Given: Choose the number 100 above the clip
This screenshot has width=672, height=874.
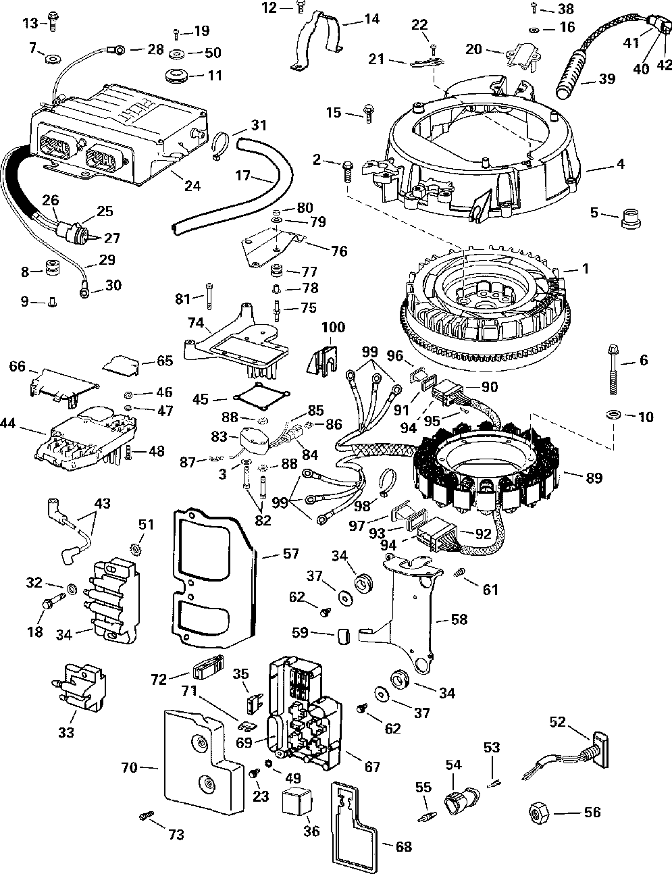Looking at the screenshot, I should (x=332, y=327).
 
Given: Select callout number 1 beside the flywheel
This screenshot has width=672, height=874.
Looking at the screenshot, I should (x=585, y=269).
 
